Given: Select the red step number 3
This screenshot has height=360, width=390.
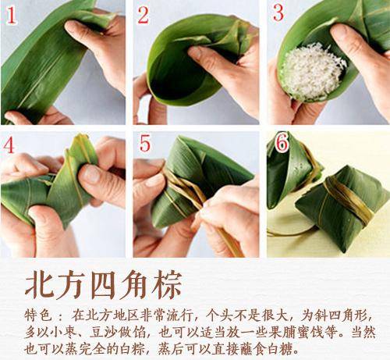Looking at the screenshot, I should (278, 13).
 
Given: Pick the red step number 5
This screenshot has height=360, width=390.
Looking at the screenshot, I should (145, 145).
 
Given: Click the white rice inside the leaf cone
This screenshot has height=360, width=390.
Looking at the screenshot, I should (312, 70).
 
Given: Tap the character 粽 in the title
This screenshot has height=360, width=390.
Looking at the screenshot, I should (167, 283).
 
